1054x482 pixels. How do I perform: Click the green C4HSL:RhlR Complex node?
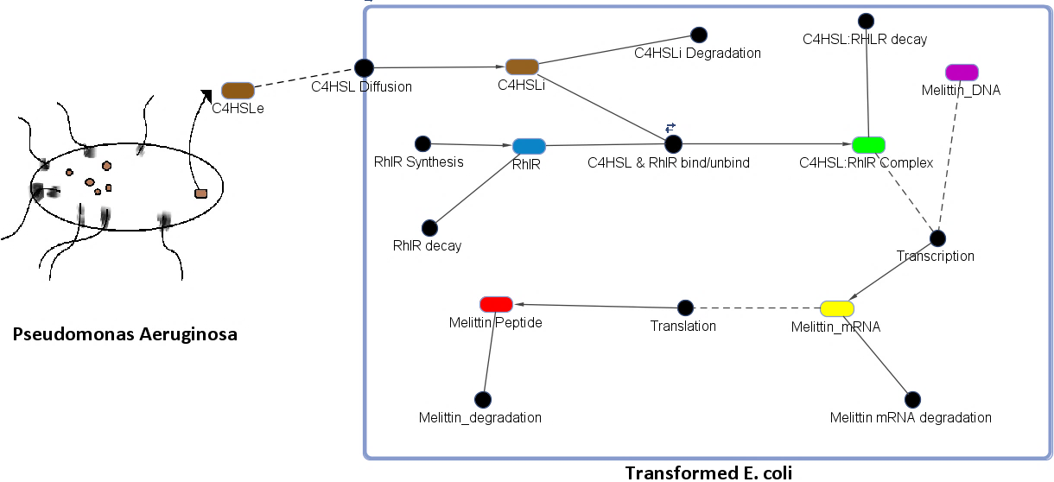868,144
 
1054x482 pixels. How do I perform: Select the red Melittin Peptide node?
496,303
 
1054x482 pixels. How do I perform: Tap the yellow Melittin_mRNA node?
836,308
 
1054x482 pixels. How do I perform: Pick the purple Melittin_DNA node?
962,72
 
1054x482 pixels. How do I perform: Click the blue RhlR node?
529,146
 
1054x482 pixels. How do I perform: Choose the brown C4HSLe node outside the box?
238,90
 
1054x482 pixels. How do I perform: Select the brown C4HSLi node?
522,67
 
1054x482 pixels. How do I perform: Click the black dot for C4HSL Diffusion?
364,67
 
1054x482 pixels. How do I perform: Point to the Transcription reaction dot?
937,238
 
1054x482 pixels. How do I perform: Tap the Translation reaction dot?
685,308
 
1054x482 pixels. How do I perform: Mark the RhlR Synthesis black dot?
422,143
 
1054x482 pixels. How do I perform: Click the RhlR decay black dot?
429,227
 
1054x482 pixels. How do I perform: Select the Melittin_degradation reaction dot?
483,399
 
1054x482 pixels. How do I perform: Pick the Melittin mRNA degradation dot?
912,399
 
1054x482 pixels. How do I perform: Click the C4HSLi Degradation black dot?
698,35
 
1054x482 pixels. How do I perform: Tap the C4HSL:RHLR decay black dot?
864,20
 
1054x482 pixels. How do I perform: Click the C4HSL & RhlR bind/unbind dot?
674,143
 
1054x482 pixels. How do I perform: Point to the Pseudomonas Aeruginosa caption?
125,334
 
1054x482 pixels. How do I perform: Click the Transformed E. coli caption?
708,472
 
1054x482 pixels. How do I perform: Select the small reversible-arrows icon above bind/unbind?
670,127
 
